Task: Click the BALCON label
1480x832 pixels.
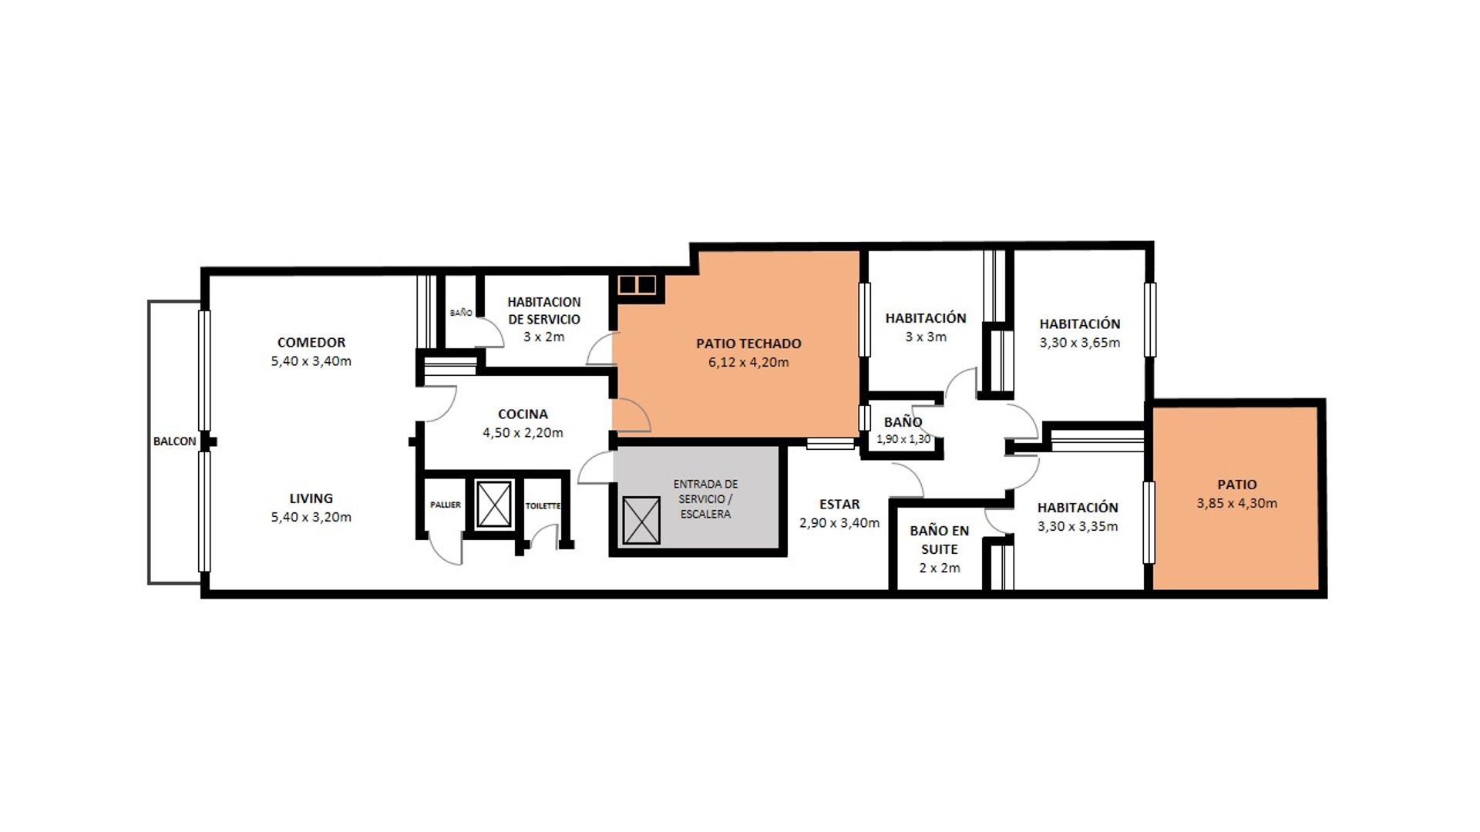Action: (174, 441)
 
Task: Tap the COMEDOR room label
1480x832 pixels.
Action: (311, 342)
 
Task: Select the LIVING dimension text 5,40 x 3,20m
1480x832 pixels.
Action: (311, 518)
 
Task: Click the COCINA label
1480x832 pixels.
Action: (523, 414)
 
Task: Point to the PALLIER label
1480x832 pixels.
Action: (446, 505)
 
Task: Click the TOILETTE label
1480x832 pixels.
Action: (543, 506)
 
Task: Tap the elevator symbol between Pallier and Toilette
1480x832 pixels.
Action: (494, 504)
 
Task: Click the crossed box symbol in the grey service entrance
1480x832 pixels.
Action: (641, 521)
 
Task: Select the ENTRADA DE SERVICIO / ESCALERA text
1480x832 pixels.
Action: (705, 499)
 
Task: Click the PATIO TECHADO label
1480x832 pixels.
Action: (748, 344)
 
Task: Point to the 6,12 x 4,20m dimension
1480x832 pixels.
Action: (748, 363)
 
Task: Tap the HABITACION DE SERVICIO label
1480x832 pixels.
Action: (544, 310)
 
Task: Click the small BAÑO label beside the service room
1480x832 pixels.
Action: (461, 313)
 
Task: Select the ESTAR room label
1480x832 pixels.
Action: (839, 505)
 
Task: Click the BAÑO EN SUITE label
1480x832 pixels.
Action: (939, 540)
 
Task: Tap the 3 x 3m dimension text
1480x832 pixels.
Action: (926, 337)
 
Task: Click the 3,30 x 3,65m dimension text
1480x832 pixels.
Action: (1080, 343)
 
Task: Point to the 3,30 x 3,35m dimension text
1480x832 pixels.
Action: (1078, 527)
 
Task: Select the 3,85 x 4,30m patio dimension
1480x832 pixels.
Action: (1237, 504)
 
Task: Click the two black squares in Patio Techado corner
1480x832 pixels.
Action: (637, 285)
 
